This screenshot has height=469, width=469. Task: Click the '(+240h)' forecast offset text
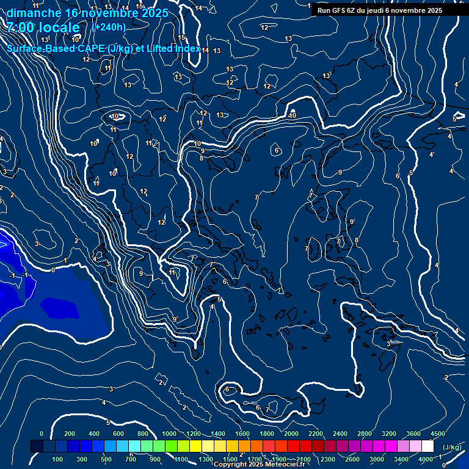(108, 27)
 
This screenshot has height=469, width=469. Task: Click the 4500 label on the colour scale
(438, 434)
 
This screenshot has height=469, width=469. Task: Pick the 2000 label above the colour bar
(292, 434)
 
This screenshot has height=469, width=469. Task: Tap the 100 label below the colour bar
(58, 459)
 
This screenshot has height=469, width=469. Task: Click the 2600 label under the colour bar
(352, 459)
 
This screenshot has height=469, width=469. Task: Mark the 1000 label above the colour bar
(169, 434)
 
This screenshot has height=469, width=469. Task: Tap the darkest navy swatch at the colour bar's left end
(37, 446)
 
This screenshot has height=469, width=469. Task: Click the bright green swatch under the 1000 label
(170, 446)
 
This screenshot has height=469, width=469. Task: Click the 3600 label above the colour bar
(413, 434)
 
